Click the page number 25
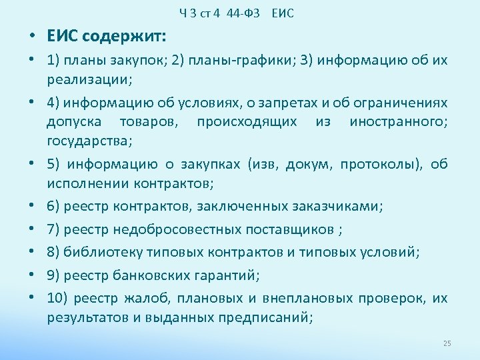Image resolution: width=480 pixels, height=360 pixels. pos(447,343)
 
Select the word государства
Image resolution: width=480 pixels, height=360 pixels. pos(87,141)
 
